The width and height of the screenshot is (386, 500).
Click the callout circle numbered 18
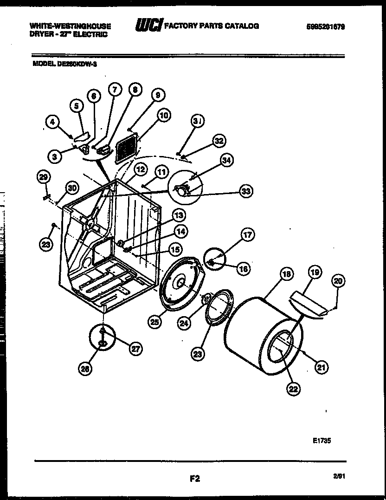pyautogui.click(x=286, y=274)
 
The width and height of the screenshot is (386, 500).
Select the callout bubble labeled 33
pyautogui.click(x=246, y=190)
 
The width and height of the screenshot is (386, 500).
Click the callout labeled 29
pyautogui.click(x=43, y=177)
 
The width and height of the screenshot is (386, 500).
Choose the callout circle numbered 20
pyautogui.click(x=338, y=281)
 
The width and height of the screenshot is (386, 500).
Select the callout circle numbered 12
pyautogui.click(x=141, y=170)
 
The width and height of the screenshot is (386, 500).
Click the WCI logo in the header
pyautogui.click(x=148, y=26)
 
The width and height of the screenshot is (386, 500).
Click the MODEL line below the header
pyautogui.click(x=64, y=65)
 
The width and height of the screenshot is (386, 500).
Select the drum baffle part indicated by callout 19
pyautogui.click(x=308, y=306)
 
